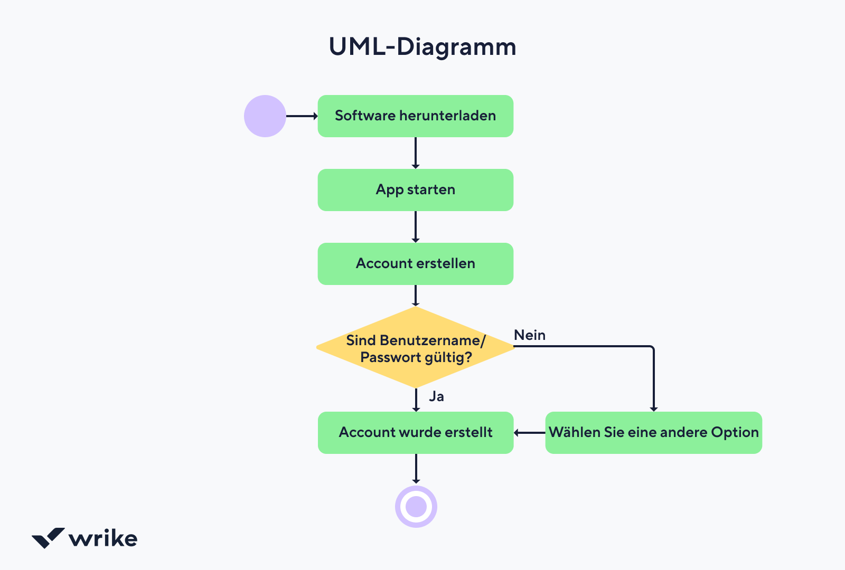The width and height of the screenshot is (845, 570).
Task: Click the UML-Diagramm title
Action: [x=422, y=47]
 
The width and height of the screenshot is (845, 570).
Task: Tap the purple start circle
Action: [x=265, y=116]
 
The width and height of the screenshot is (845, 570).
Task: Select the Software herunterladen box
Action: [x=415, y=116]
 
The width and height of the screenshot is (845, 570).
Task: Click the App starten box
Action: [x=415, y=190]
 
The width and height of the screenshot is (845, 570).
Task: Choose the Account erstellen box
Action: [x=415, y=264]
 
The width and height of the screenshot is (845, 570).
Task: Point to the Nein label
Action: [x=530, y=335]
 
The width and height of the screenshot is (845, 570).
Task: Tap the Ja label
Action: [x=436, y=396]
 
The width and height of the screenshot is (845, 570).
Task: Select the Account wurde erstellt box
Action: [x=415, y=433]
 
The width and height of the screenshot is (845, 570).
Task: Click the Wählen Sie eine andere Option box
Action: [x=653, y=433]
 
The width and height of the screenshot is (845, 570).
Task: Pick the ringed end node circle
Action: [x=416, y=507]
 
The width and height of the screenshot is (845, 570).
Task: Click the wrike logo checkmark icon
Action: [x=48, y=538]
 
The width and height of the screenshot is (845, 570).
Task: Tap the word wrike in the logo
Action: [x=103, y=539]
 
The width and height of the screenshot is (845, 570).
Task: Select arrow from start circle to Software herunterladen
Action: [x=302, y=116]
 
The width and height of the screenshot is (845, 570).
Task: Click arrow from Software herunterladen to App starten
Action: [x=416, y=153]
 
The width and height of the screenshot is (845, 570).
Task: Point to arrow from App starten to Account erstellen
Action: [x=416, y=227]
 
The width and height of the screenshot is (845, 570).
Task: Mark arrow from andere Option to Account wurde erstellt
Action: [x=529, y=433]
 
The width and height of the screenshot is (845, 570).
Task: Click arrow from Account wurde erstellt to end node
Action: [x=416, y=469]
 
